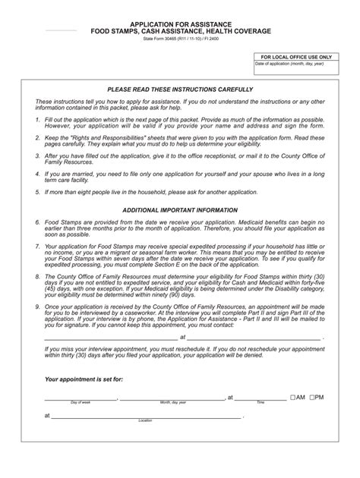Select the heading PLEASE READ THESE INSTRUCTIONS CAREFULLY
point(180,89)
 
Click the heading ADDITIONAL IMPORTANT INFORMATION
point(180,210)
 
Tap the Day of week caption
point(81,403)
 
